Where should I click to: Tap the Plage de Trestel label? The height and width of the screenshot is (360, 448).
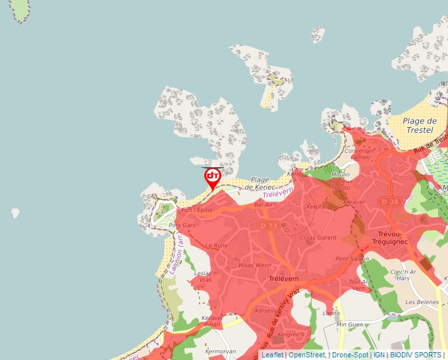pos(420,126)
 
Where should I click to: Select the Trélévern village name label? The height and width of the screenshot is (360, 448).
pos(284,279)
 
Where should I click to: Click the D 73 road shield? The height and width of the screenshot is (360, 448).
pos(266,226)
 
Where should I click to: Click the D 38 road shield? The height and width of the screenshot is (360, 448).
pos(389,201)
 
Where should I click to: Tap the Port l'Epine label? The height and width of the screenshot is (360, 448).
pos(196,210)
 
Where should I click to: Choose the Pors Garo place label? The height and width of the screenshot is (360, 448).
pos(182,225)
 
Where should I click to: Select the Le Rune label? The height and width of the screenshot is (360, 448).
pos(216,245)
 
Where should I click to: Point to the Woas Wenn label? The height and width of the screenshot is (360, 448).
pos(254,265)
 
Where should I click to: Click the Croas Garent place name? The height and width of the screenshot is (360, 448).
pos(318,238)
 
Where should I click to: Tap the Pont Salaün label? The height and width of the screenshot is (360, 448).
pos(352,259)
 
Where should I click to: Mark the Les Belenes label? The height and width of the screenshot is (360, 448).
pos(422,302)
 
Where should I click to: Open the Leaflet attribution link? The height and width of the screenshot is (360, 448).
pos(272,355)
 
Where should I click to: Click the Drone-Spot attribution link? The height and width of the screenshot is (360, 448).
pos(350,355)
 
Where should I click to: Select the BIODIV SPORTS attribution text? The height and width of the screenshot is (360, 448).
pos(416,355)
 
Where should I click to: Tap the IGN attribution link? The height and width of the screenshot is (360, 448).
pos(379,355)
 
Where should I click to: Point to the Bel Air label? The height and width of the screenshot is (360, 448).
pos(263,205)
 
